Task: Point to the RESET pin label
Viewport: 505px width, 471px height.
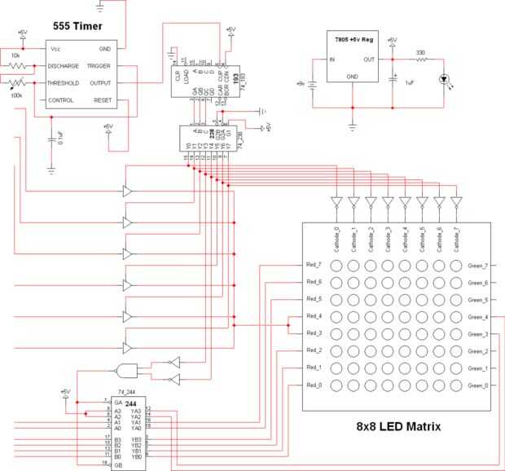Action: point(103,100)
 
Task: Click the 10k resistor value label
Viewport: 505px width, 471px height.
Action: point(16,55)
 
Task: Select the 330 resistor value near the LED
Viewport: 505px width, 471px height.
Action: point(421,53)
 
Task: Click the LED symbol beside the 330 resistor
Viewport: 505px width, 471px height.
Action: point(445,78)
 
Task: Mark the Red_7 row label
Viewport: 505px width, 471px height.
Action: point(314,266)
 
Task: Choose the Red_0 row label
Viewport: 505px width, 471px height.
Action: point(314,385)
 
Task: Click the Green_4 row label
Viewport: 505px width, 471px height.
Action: point(478,317)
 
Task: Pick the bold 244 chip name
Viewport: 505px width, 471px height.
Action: point(131,403)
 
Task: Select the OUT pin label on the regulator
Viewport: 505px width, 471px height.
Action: point(369,59)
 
